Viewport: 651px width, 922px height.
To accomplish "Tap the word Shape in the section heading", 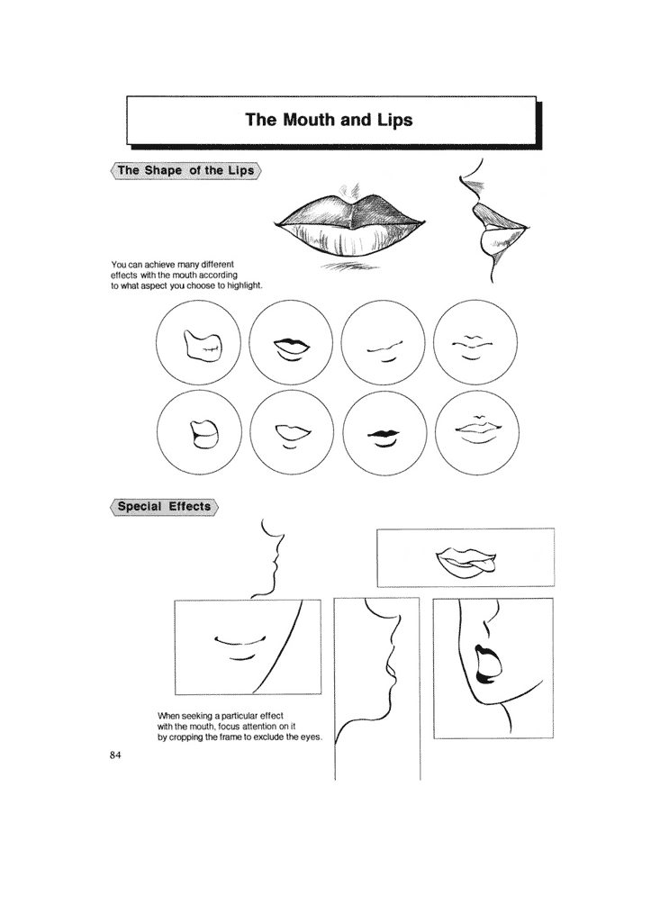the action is [x=163, y=170].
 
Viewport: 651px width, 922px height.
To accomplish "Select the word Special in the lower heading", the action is [x=140, y=506].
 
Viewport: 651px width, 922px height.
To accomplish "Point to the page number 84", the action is [x=115, y=755].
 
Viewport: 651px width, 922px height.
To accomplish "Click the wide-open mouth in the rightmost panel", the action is [x=487, y=664].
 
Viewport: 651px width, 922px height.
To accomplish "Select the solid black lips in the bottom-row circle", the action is [x=383, y=434].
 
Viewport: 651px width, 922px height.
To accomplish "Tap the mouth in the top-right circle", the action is [x=472, y=348].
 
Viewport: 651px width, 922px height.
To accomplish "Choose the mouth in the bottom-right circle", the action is [x=477, y=429].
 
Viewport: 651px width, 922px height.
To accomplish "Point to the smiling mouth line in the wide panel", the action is [x=241, y=640].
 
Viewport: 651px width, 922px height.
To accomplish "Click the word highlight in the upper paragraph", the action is [x=246, y=285].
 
